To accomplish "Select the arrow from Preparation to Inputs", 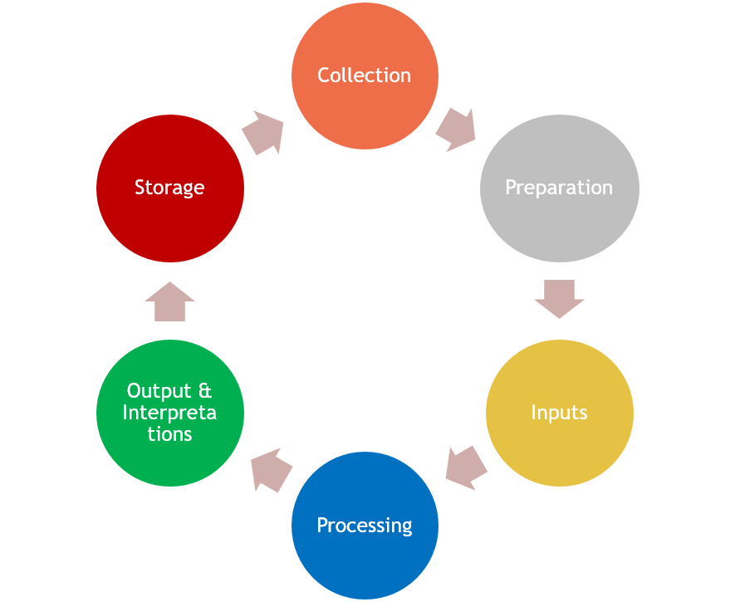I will point(559,299).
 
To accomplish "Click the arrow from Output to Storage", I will point(169,301).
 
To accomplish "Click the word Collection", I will point(365,76).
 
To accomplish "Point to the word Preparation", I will point(559,188).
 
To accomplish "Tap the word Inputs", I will point(559,413).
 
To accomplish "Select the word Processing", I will point(365,526).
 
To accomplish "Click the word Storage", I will point(169,188).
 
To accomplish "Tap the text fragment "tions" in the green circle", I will point(170,434).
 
